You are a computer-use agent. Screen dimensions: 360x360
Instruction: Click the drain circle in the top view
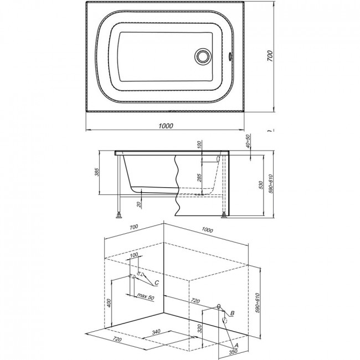point(202,55)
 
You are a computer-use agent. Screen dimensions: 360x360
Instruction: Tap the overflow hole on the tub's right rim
point(230,56)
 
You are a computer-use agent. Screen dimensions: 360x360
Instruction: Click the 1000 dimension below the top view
point(166,126)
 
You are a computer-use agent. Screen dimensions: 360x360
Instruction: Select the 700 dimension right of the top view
point(270,56)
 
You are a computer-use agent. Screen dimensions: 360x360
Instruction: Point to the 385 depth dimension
point(97,172)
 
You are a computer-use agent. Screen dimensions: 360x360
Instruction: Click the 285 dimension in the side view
point(199,178)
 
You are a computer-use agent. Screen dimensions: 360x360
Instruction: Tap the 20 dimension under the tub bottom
point(139,204)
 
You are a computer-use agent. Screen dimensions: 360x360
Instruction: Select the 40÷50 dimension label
point(248,141)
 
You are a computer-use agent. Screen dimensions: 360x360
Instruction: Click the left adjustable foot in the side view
point(119,215)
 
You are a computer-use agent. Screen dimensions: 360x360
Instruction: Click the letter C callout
point(156,282)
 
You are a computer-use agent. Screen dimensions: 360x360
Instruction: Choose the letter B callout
point(232,313)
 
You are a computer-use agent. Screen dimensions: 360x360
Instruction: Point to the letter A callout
point(236,345)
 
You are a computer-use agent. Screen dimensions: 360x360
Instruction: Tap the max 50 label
point(146,296)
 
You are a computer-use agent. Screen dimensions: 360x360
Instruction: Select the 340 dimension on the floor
point(156,332)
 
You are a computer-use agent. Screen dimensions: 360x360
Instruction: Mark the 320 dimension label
point(200,328)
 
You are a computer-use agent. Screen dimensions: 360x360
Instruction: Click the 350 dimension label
point(233,351)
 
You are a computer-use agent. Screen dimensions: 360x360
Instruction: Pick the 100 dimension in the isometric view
point(134,255)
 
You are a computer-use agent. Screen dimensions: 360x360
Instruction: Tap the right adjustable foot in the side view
point(224,215)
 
